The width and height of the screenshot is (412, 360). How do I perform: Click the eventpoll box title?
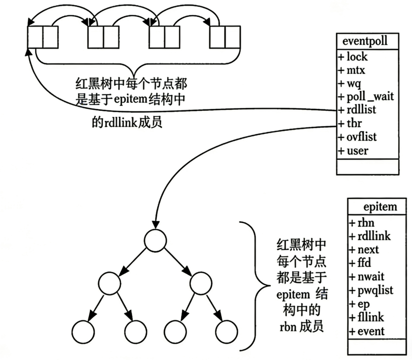tap(367, 41)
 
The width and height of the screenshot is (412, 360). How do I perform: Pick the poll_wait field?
tap(366, 97)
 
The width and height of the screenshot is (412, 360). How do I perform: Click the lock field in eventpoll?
tap(356, 57)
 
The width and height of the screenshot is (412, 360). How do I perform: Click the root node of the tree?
tap(155, 240)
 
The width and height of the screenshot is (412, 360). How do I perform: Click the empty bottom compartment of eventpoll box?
tap(367, 166)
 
